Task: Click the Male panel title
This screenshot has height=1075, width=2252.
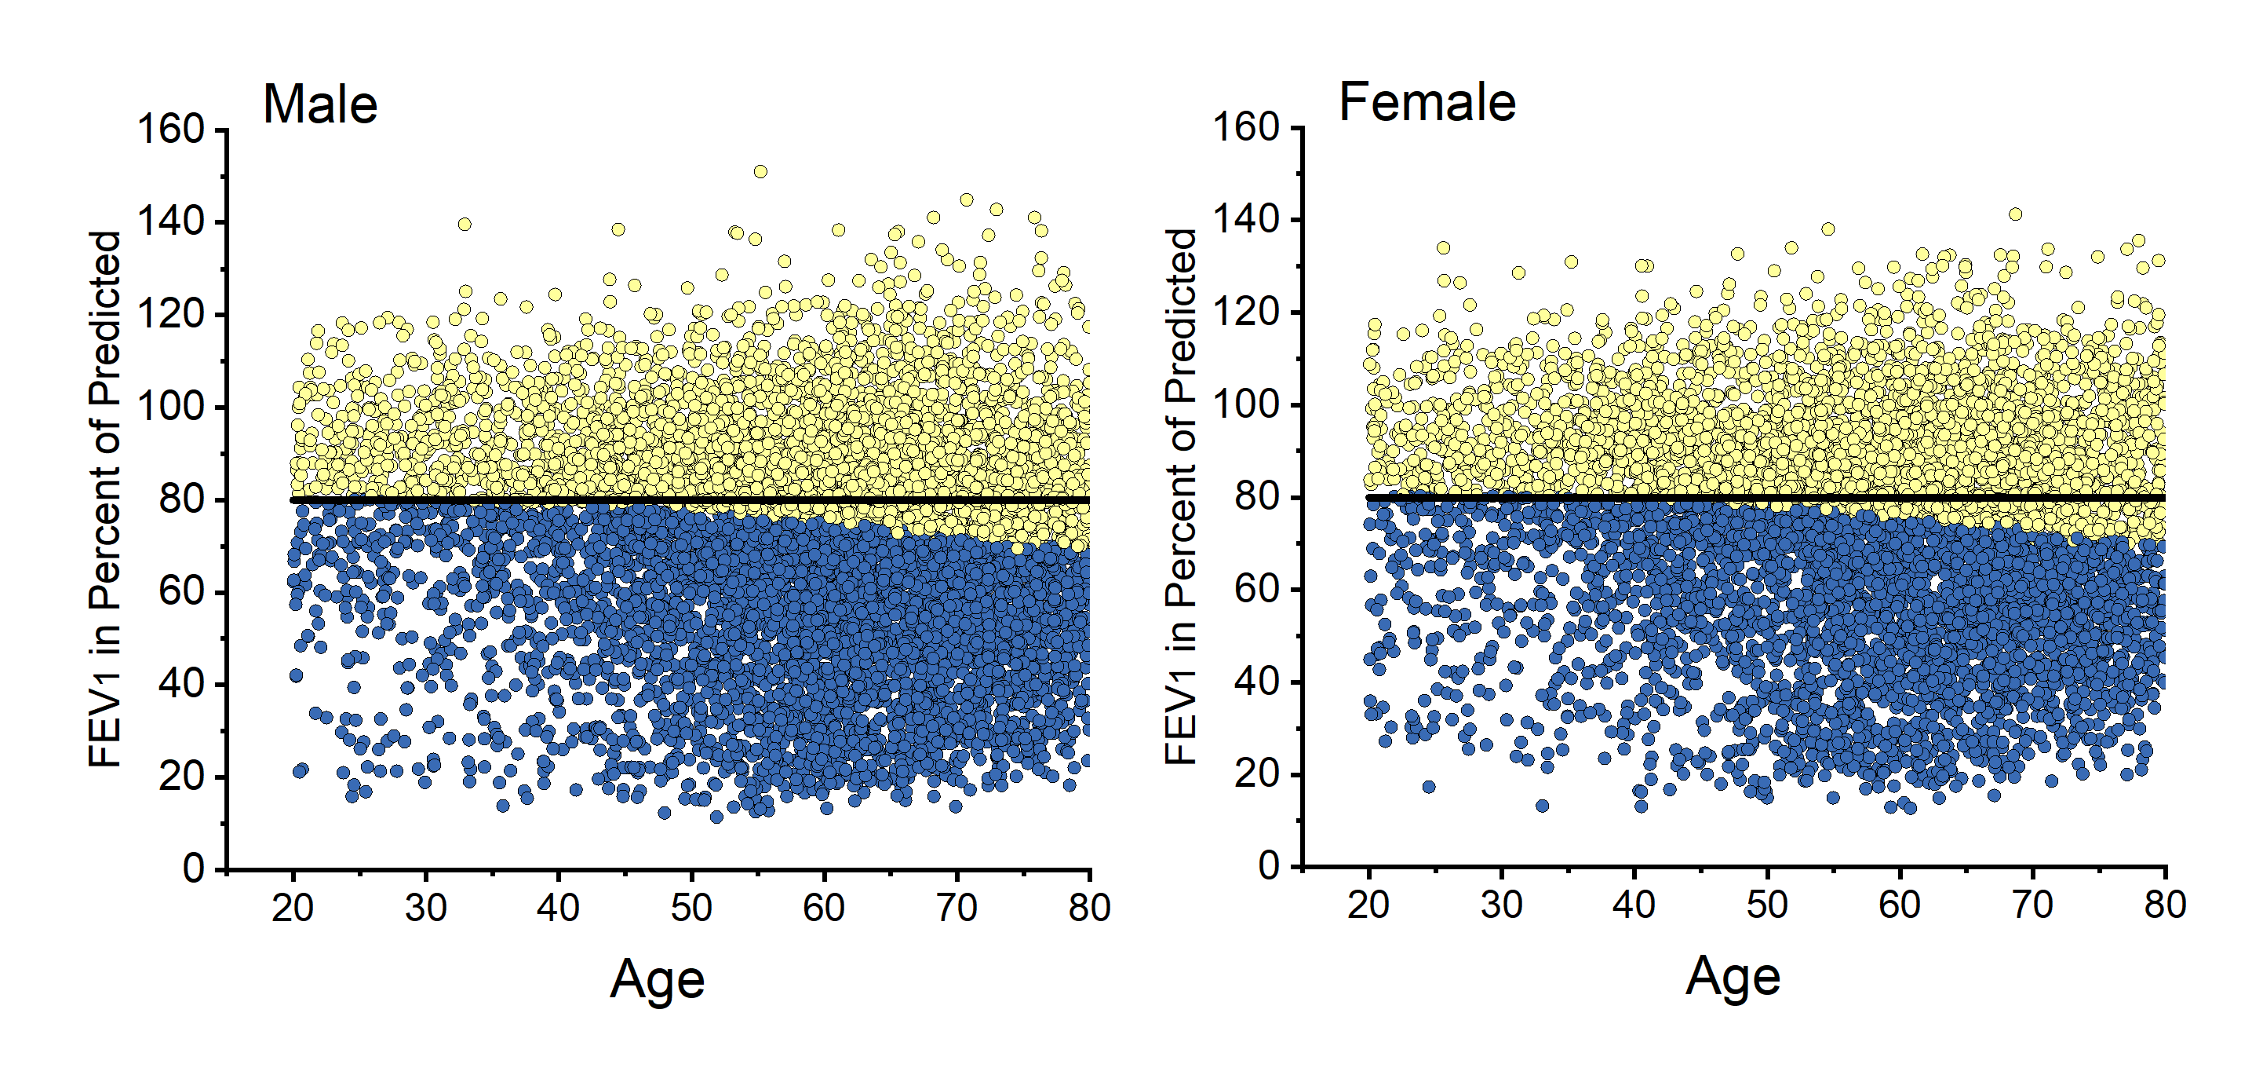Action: (320, 104)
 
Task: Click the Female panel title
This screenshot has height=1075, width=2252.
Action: (1427, 102)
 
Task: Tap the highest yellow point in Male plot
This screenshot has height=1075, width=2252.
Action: (760, 171)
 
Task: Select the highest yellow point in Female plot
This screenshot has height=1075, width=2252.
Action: (2015, 214)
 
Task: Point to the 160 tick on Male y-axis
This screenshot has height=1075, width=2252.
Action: (171, 130)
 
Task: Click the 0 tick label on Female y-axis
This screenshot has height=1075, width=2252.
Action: (1269, 866)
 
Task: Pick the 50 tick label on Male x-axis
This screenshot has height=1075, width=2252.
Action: (691, 908)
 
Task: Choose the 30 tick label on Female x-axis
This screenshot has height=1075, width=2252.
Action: (1501, 905)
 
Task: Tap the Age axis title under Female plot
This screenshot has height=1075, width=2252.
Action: (1733, 975)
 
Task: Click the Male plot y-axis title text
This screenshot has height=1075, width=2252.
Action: (104, 499)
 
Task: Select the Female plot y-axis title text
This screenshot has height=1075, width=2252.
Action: (1180, 496)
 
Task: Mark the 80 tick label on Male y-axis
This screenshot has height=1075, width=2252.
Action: (182, 499)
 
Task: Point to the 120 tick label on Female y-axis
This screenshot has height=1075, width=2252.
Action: (1246, 312)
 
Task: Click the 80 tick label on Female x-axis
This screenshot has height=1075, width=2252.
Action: (2165, 905)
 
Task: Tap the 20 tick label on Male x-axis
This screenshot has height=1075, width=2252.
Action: (292, 908)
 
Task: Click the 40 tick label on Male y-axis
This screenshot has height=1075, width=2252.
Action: (182, 684)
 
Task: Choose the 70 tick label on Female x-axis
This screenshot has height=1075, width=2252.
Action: (2032, 905)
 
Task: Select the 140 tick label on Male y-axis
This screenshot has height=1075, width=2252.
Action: (171, 222)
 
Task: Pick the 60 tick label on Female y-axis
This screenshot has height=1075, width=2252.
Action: (1257, 590)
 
